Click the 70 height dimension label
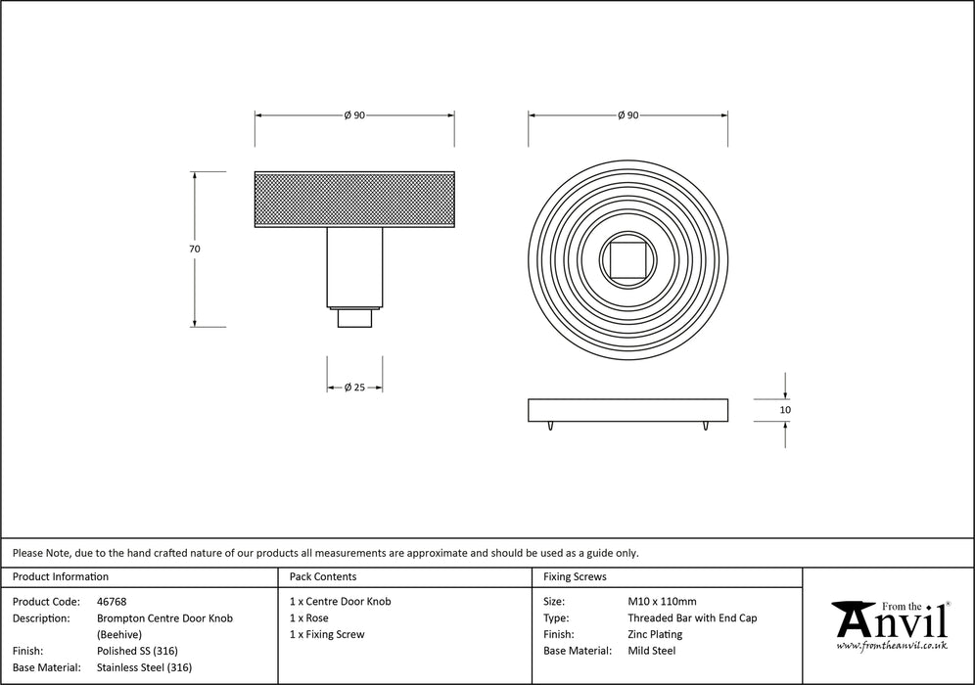[x=195, y=249]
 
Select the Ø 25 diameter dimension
[x=354, y=388]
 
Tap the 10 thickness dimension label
[x=785, y=410]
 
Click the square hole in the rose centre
[x=628, y=260]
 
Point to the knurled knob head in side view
[x=354, y=199]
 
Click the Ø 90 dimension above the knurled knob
[x=354, y=115]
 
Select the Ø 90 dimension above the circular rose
[x=628, y=115]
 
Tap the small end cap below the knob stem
[x=355, y=318]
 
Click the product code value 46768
[x=112, y=602]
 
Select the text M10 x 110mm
[x=662, y=602]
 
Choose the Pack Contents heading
[x=323, y=576]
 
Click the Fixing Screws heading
[x=576, y=576]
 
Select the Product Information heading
[x=61, y=576]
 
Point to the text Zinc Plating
[x=656, y=635]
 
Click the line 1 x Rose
[x=309, y=617]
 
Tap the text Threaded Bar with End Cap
[x=693, y=617]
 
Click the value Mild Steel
[x=652, y=651]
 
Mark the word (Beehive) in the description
[x=119, y=635]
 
